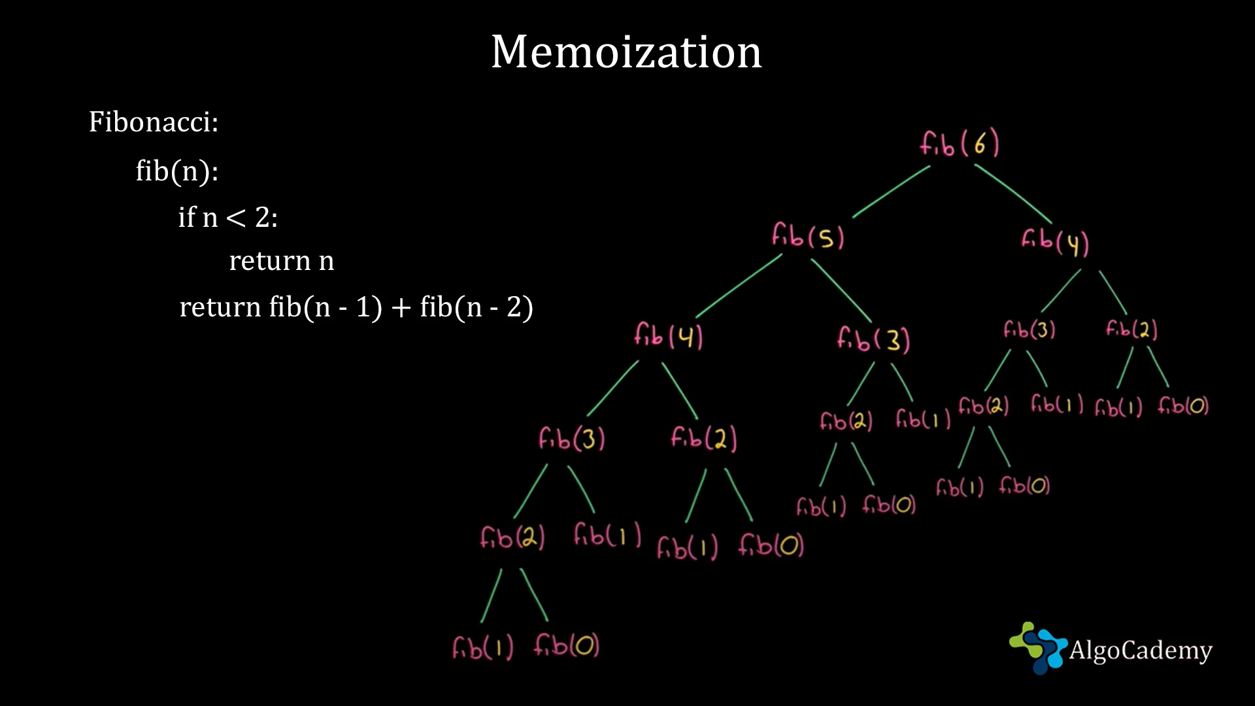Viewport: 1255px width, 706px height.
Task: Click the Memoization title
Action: (x=626, y=52)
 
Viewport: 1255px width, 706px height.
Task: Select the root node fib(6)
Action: (x=960, y=143)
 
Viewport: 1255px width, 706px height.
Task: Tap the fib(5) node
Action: (x=808, y=236)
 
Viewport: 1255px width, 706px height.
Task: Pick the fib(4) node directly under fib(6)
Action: (x=1055, y=241)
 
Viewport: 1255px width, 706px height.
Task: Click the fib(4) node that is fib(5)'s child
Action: (x=668, y=336)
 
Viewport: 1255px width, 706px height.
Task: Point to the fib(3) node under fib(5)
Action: (x=873, y=339)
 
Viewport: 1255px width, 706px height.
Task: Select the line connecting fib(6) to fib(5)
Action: (x=891, y=191)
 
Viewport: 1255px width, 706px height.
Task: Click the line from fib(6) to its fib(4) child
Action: (x=1013, y=193)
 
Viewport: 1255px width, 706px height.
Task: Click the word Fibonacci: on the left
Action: (x=154, y=122)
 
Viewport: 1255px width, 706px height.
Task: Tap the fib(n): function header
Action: (x=176, y=171)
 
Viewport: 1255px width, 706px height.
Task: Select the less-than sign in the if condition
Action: (x=235, y=218)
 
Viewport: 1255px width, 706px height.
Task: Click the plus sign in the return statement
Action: (x=401, y=307)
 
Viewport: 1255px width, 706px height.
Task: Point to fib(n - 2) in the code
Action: (x=477, y=307)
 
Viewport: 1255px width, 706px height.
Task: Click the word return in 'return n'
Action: (x=269, y=261)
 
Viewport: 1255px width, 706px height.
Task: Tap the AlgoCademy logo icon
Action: (x=1038, y=647)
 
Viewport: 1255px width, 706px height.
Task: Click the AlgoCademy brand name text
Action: (x=1141, y=650)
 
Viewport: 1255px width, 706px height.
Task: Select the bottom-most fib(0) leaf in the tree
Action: (x=566, y=646)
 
